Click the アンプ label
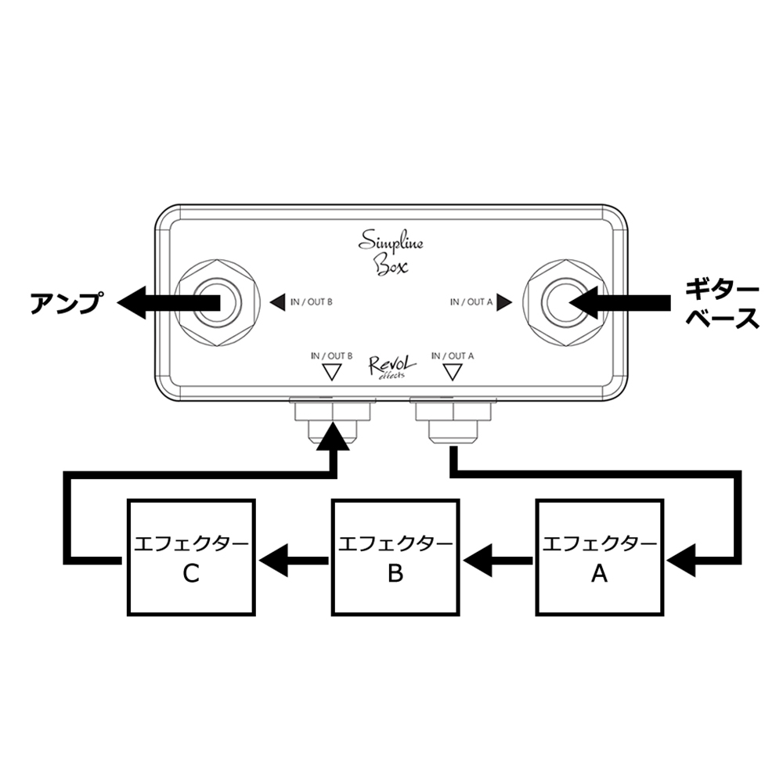[66, 302]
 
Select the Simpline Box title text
[391, 251]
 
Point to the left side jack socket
[218, 301]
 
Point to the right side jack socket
[566, 301]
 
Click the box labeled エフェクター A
[599, 557]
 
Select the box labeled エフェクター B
[395, 557]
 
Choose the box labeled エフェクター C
[191, 557]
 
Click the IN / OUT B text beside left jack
[312, 301]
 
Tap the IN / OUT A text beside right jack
[471, 301]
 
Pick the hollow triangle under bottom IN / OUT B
[332, 372]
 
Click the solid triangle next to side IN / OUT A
[504, 301]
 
